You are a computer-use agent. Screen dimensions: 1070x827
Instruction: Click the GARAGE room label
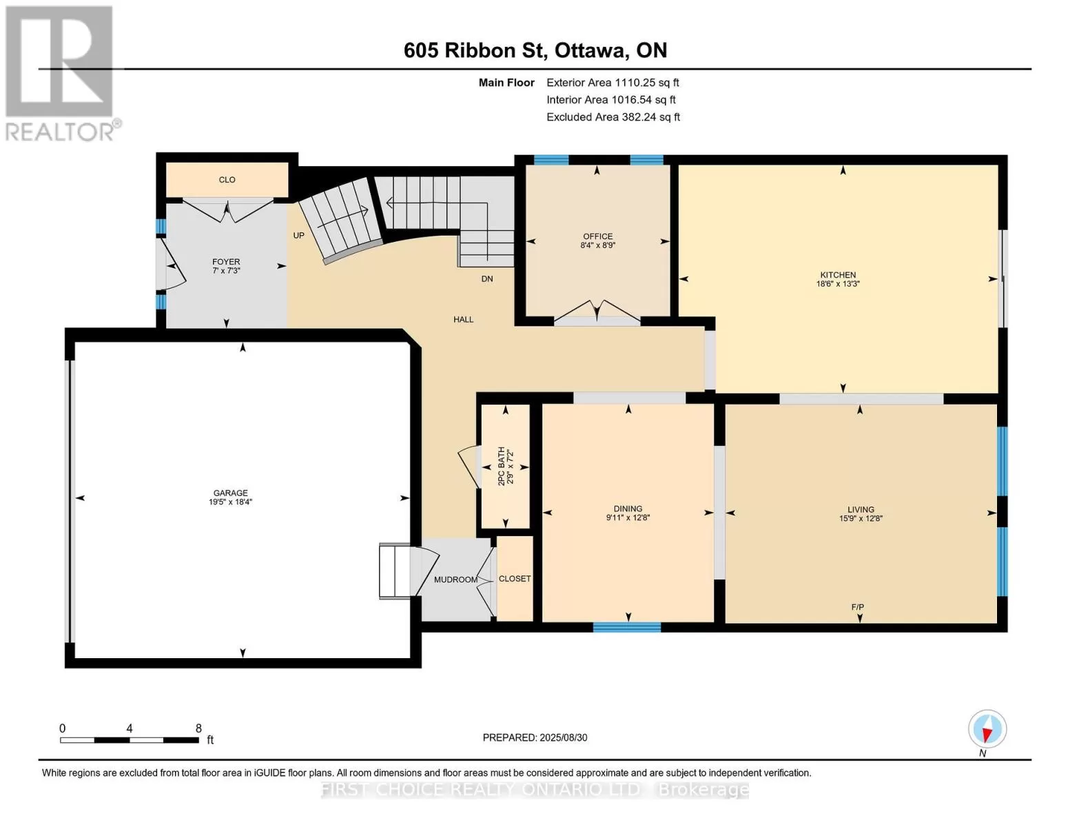tap(230, 493)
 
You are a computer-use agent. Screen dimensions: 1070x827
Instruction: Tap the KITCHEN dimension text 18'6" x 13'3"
tap(838, 284)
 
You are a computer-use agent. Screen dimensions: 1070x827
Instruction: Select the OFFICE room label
tap(598, 236)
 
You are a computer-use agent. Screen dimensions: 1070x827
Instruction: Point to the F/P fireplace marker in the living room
tap(857, 607)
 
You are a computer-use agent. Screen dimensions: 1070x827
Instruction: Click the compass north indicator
tap(987, 730)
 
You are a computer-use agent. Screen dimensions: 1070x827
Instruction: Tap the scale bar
tap(130, 739)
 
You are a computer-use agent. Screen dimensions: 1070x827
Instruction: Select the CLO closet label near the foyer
tap(227, 180)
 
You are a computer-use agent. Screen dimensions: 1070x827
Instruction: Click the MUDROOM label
tap(455, 580)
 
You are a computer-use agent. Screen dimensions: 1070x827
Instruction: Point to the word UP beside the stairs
tap(298, 236)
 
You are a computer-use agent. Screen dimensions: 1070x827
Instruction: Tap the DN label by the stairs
tap(487, 279)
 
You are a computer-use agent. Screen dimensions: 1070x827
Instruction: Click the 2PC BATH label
tap(502, 466)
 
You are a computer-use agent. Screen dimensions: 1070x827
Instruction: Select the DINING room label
tap(628, 509)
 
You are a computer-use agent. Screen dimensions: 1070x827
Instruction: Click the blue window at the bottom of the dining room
tap(627, 627)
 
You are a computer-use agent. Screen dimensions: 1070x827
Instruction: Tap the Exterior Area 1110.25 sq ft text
tap(613, 83)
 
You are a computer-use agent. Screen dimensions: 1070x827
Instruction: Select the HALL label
tap(463, 320)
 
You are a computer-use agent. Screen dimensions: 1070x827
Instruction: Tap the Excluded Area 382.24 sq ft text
tap(613, 117)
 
